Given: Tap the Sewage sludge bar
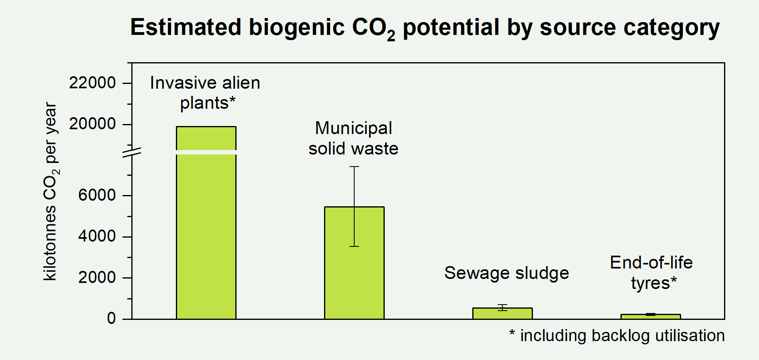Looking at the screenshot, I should click(x=502, y=314).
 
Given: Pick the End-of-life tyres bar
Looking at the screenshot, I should click(x=651, y=317).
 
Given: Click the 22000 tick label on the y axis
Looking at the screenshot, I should click(x=92, y=83).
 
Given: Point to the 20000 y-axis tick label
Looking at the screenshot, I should click(x=92, y=124).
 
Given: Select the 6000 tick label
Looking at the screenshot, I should click(x=97, y=195).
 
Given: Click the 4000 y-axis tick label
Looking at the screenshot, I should click(x=97, y=236).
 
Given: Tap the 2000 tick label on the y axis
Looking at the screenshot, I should click(x=97, y=277).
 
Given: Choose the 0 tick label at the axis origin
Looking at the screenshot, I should click(x=111, y=319).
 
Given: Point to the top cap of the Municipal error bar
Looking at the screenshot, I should click(x=354, y=167).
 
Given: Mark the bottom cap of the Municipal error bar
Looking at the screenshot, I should click(x=354, y=246).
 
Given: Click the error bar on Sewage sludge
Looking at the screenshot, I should click(x=502, y=307).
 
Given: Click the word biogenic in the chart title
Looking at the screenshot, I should click(x=297, y=27).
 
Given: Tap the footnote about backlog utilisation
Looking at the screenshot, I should click(x=617, y=336).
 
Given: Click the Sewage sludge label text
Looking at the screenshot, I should click(x=506, y=273).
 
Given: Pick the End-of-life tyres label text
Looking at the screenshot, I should click(x=651, y=273).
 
